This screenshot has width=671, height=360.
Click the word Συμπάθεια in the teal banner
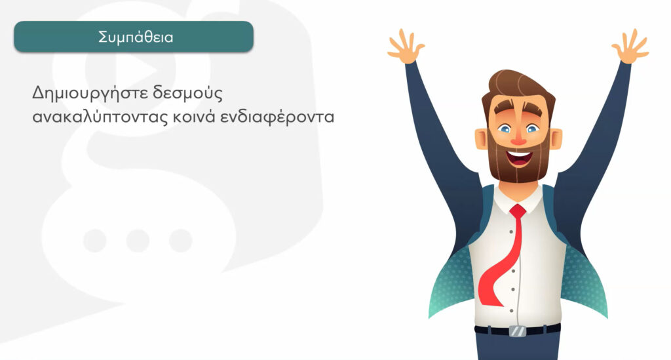click(136, 37)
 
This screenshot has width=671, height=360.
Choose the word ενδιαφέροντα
click(277, 117)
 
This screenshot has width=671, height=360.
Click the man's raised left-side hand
click(405, 47)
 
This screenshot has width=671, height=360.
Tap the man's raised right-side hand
click(630, 47)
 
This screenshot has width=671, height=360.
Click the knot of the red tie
click(518, 210)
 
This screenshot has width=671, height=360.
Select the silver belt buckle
click(518, 331)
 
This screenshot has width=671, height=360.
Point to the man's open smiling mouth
click(520, 157)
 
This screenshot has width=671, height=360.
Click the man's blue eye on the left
click(505, 129)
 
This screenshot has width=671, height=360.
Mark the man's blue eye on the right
click(532, 128)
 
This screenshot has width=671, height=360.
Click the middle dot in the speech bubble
click(138, 241)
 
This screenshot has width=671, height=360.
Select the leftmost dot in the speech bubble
click(95, 241)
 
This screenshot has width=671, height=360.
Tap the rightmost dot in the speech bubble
click(181, 241)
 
